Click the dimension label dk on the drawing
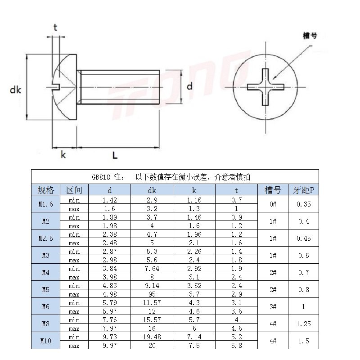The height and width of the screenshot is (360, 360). click(16, 90)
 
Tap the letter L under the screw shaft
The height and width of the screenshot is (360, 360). click(115, 156)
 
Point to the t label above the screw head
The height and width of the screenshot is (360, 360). click(55, 27)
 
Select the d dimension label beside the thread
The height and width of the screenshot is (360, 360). click(189, 86)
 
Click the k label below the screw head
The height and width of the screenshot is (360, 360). click(63, 155)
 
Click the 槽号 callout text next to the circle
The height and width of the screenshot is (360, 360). click(310, 36)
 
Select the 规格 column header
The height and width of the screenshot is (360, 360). click(46, 190)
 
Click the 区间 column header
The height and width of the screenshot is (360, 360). click(74, 190)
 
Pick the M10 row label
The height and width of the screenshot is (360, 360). click(46, 341)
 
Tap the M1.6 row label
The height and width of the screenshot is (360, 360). click(46, 204)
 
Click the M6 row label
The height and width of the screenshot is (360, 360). click(46, 307)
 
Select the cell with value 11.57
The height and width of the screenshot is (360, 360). click(152, 303)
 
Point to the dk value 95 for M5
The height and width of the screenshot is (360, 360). click(152, 294)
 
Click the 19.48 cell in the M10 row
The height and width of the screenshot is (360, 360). click(152, 337)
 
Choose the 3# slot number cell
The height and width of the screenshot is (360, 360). click(273, 307)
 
